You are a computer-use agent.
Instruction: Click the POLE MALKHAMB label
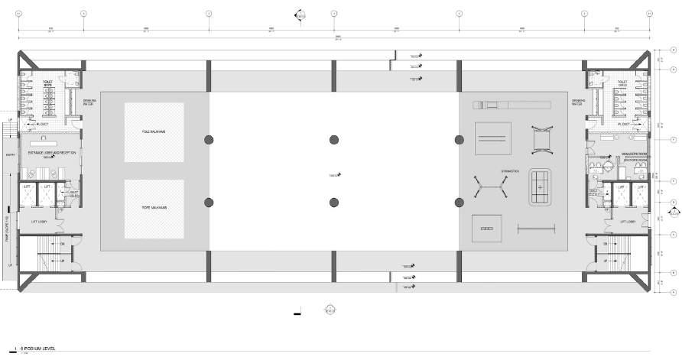click(x=154, y=132)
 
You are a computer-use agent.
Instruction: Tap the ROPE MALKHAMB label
click(x=154, y=208)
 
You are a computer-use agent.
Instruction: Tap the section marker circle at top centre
click(x=301, y=15)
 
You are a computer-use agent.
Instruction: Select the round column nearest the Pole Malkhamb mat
click(x=208, y=139)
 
